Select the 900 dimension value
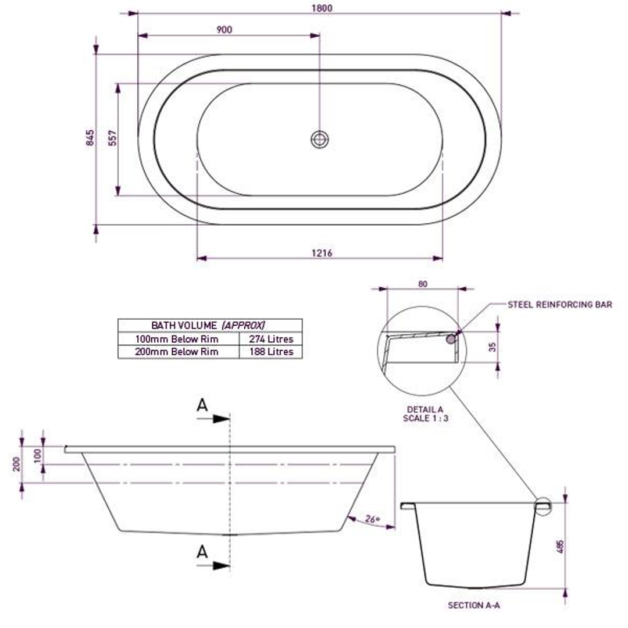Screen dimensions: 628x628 (224, 30)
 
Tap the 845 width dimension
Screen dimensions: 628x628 (90, 138)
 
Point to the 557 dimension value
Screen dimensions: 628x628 (113, 138)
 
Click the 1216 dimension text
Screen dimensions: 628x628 (322, 253)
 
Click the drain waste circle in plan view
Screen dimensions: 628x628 (319, 139)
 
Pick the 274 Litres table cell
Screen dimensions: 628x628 (271, 339)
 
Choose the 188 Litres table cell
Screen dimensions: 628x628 (271, 352)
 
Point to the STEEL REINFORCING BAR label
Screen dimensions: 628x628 (559, 305)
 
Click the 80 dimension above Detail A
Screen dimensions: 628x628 (423, 284)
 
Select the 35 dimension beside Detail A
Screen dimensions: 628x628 (493, 347)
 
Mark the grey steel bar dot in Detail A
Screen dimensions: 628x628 (451, 338)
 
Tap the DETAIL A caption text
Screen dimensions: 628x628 (425, 410)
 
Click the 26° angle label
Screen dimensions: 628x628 (372, 520)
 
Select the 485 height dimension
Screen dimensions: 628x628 (560, 547)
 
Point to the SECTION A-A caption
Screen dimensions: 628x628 (473, 605)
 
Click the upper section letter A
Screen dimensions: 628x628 (202, 405)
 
